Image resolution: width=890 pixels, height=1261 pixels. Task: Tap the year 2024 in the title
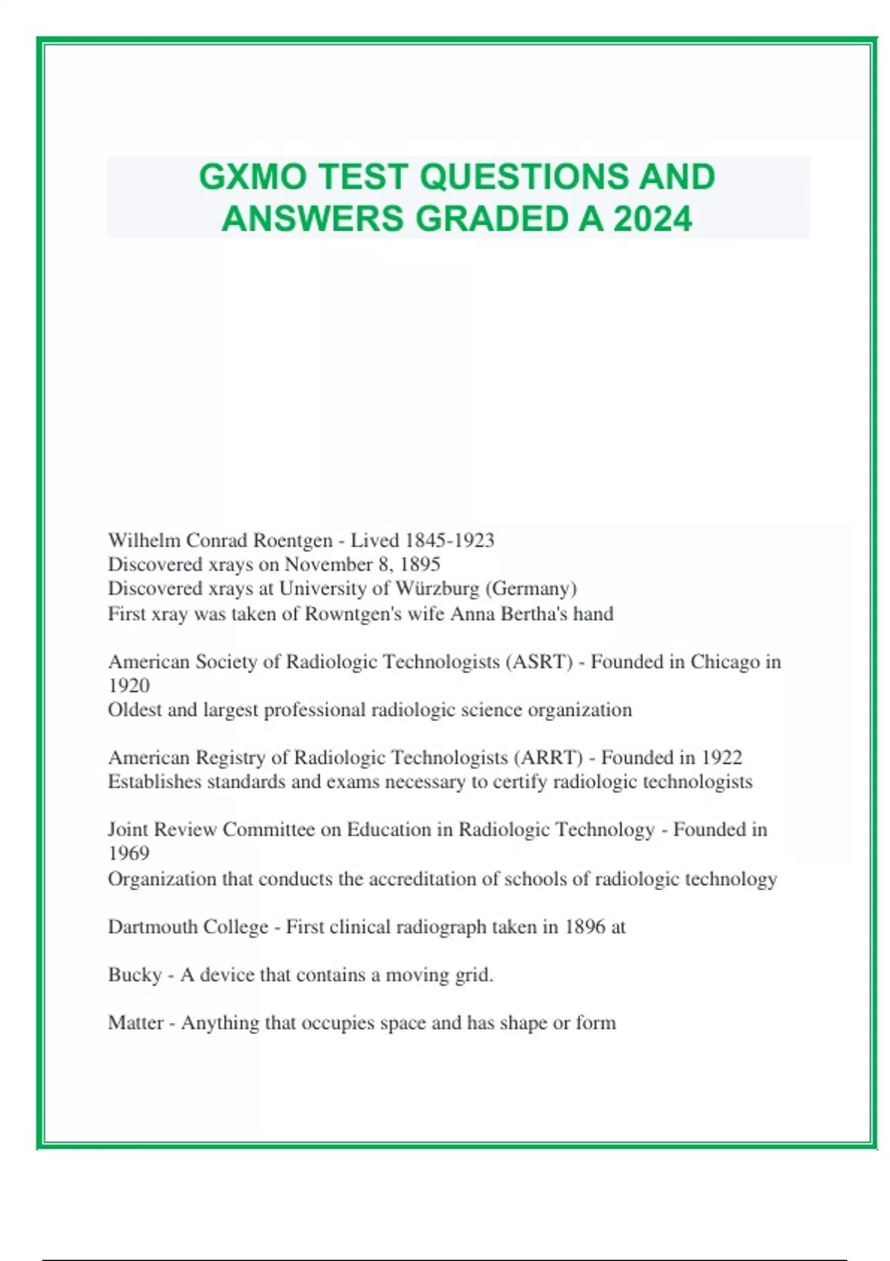click(652, 219)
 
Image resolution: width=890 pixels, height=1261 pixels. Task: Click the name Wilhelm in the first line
click(144, 540)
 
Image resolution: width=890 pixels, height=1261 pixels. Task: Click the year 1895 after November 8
click(420, 564)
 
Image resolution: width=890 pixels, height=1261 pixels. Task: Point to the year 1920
click(129, 685)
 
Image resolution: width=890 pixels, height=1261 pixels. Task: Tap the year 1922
click(722, 757)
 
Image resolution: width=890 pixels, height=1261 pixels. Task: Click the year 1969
click(129, 853)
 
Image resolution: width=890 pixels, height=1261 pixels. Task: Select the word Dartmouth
click(151, 927)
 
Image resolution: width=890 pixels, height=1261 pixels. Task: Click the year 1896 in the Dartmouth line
click(584, 927)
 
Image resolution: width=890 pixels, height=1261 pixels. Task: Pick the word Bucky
click(134, 975)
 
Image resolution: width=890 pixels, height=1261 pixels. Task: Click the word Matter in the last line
click(135, 1023)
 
